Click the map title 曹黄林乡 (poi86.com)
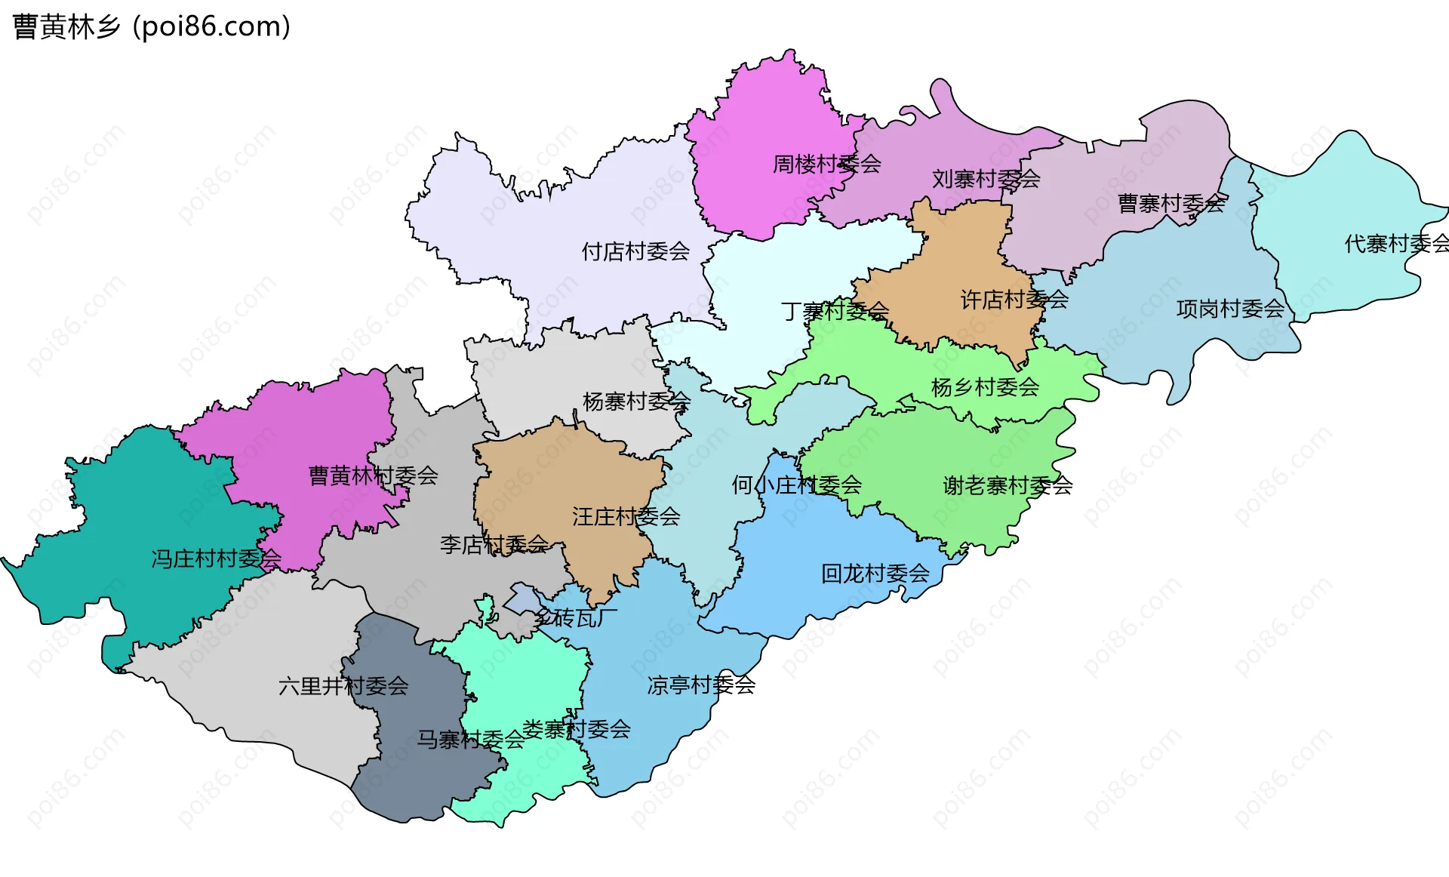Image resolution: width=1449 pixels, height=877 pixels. [x=151, y=27]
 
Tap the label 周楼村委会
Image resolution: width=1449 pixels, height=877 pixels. [x=826, y=164]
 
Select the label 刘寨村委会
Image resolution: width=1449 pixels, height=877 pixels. [x=986, y=180]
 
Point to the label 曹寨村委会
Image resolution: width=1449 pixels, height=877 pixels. [x=1171, y=204]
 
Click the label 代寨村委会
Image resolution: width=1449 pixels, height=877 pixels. [x=1396, y=244]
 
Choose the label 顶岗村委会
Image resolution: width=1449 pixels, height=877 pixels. [x=1230, y=309]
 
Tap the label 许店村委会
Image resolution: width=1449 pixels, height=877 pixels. [x=1014, y=300]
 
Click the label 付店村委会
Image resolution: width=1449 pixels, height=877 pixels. [x=635, y=251]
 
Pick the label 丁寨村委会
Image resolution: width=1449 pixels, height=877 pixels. [x=835, y=311]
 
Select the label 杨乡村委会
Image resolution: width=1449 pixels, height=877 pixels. [x=985, y=387]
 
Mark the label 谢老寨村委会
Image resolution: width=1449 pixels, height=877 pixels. [x=1008, y=486]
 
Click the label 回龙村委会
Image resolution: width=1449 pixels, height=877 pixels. [x=875, y=574]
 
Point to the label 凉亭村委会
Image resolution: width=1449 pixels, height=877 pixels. [x=701, y=685]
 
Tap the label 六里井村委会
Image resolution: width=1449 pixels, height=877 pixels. [x=343, y=686]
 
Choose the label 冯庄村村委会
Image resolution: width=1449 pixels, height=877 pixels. [x=216, y=559]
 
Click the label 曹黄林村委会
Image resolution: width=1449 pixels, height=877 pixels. [x=373, y=475]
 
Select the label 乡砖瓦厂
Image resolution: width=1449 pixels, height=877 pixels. [x=576, y=618]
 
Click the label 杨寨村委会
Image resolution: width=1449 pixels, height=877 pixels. [x=636, y=402]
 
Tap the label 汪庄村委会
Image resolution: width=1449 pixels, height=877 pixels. [x=626, y=517]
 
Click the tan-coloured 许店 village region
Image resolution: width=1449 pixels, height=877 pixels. [x=966, y=249]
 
